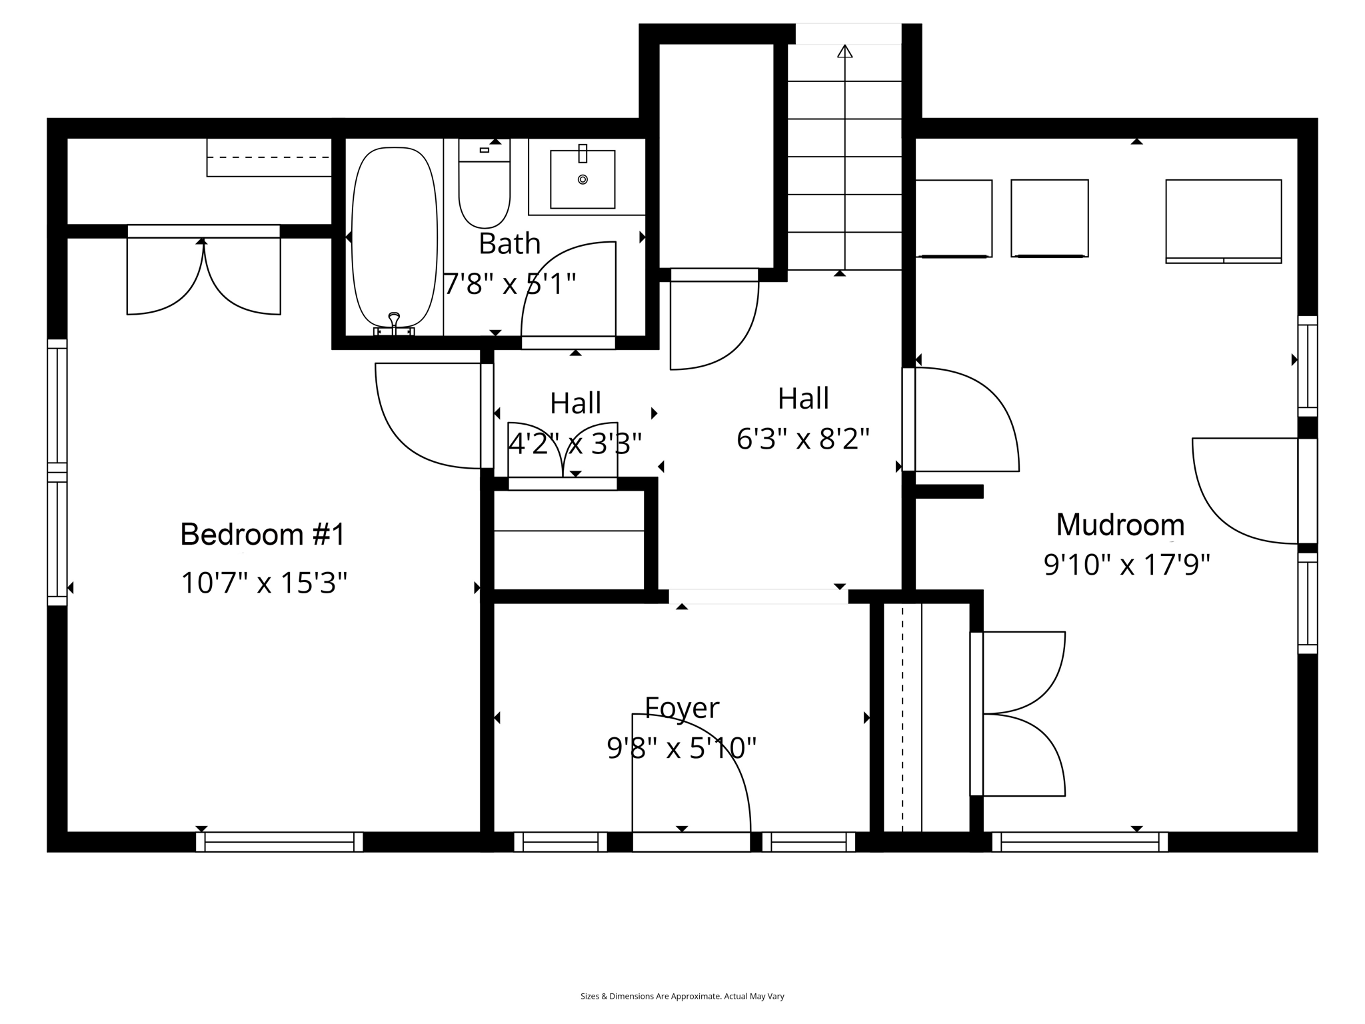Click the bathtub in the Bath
[x=394, y=237]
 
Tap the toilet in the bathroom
[x=485, y=190]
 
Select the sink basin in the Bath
[x=583, y=179]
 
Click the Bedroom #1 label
[x=263, y=535]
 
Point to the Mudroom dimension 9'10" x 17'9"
[x=1126, y=565]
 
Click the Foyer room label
[x=682, y=707]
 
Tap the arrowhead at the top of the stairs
[x=844, y=51]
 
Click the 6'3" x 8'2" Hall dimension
[x=803, y=439]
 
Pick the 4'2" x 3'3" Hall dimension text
[x=575, y=443]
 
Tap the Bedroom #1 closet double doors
[x=203, y=277]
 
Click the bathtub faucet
[x=394, y=323]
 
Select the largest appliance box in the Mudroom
[x=1223, y=220]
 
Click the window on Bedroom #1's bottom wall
[x=279, y=842]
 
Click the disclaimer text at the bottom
[x=682, y=996]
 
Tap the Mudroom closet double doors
[x=1020, y=713]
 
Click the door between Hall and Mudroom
[x=960, y=420]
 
